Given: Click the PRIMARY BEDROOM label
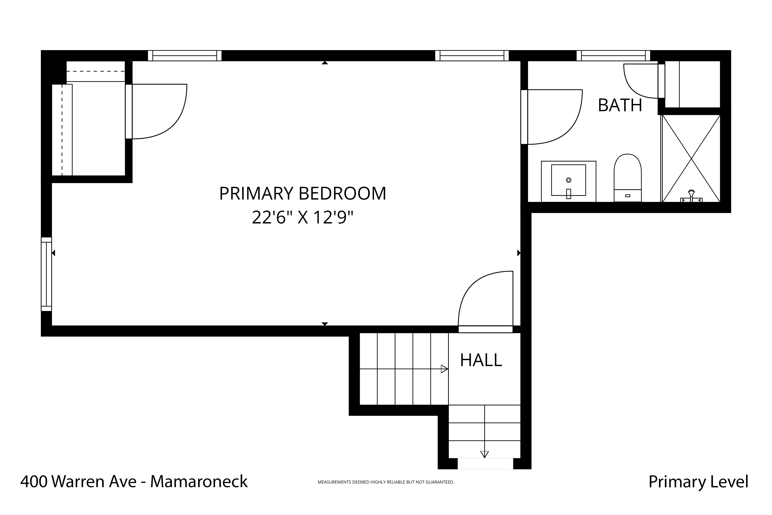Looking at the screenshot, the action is [x=303, y=193].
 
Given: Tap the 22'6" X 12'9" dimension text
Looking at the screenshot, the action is [x=303, y=217].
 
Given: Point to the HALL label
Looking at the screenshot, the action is [x=481, y=360].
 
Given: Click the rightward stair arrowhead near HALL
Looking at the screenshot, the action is [x=444, y=369].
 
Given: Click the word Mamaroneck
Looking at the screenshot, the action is [x=199, y=481].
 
